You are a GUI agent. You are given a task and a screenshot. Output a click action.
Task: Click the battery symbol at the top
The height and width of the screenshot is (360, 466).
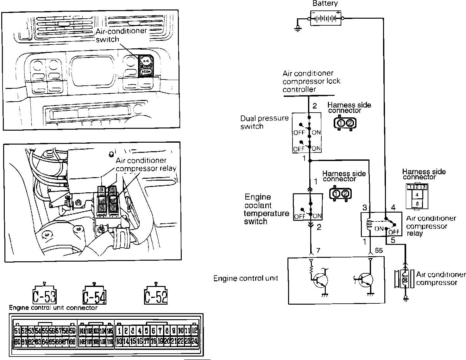click(x=326, y=18)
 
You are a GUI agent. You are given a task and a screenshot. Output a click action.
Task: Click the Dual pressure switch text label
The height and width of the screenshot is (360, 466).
click(x=264, y=122)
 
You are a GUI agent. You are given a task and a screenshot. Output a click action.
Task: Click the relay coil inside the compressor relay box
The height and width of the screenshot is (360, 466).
click(x=368, y=224)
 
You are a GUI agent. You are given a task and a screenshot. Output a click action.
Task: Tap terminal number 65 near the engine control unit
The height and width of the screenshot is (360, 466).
click(x=379, y=251)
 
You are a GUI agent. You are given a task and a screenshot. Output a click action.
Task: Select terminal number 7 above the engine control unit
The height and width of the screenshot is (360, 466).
click(x=318, y=251)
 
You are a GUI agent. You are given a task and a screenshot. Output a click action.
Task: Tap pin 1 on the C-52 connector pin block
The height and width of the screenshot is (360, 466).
click(x=119, y=331)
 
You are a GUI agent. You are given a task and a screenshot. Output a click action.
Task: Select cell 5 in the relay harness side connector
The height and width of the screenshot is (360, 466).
click(x=417, y=204)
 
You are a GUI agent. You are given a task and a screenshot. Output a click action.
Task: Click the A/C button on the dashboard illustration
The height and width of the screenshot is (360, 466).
click(x=146, y=60)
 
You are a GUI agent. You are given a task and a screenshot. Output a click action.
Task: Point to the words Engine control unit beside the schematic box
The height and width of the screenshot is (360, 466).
click(x=246, y=278)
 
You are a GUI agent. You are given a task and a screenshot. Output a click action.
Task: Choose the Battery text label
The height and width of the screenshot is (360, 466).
click(x=325, y=3)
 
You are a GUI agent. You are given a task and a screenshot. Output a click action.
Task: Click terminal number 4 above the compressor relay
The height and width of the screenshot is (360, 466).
click(x=393, y=208)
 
